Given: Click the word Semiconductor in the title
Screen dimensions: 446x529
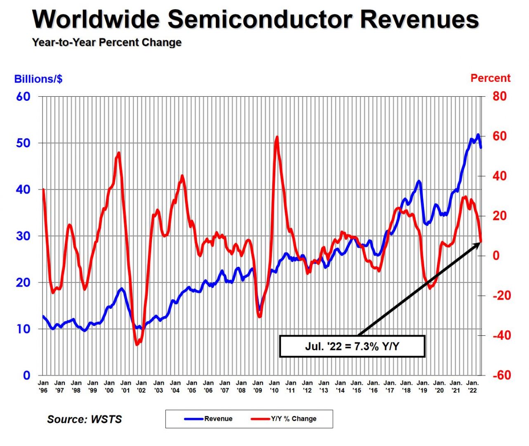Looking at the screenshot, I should [260, 19].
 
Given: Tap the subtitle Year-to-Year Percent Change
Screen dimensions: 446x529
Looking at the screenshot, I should [107, 43].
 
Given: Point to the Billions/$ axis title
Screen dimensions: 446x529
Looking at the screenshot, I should [38, 79].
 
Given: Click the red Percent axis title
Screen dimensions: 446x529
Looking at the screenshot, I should [490, 78].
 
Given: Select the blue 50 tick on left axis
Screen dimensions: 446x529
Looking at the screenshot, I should [23, 143].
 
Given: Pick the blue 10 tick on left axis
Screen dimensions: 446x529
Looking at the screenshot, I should [23, 329].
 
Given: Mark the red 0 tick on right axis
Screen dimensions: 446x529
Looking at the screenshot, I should [496, 256].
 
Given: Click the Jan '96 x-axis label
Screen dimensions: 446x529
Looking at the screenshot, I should [43, 387].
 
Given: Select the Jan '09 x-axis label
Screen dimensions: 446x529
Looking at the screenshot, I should [258, 387].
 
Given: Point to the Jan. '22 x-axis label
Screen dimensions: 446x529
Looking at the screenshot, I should [472, 387].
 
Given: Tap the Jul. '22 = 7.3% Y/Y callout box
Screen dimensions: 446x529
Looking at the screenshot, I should [352, 346].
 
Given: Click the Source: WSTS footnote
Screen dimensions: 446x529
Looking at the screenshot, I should [85, 420].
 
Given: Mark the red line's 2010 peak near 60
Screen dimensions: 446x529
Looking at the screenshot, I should [276, 138].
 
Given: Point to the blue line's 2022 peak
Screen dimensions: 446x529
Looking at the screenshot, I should [478, 135].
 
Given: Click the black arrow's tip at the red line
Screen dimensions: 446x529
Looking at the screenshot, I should [481, 242].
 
